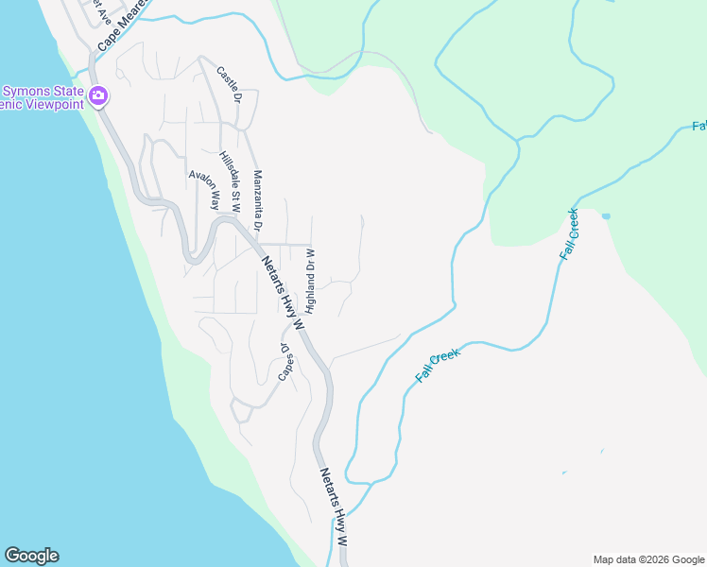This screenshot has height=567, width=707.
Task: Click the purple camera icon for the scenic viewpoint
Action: click(x=98, y=95)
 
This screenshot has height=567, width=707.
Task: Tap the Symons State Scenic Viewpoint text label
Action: click(x=42, y=96)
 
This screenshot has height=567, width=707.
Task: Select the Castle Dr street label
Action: click(x=230, y=83)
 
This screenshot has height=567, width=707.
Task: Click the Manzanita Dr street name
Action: click(x=257, y=200)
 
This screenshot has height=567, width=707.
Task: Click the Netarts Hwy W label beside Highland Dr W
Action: click(x=281, y=292)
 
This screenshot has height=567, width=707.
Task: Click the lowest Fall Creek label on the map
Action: click(x=438, y=365)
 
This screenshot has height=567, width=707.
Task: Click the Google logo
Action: click(x=31, y=556)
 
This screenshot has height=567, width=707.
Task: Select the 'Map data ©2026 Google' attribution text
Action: click(x=648, y=559)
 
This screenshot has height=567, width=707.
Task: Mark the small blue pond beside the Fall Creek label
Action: click(x=605, y=216)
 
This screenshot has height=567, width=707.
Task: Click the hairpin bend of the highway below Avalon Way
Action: click(x=194, y=256)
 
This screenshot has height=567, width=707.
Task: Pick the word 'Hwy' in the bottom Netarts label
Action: click(x=336, y=515)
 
